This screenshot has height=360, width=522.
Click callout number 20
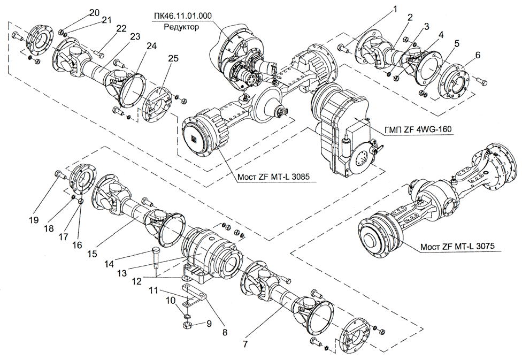tap(94, 12)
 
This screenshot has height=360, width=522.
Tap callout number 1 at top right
tap(395, 9)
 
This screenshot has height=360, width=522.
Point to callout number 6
tap(462, 55)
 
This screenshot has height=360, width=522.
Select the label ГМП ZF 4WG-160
tap(415, 130)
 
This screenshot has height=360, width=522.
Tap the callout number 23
tap(134, 36)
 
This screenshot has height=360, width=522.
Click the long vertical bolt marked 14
tap(156, 262)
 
